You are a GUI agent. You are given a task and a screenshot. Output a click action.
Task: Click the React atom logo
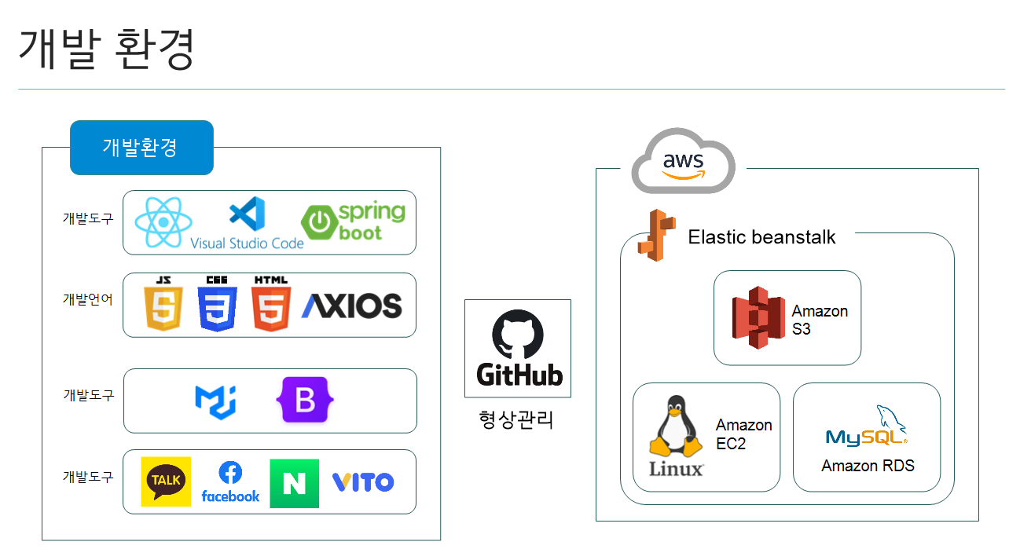pos(163,222)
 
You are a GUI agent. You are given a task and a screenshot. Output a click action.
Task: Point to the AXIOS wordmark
pos(351,306)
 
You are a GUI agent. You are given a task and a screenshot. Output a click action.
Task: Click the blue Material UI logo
pos(215,401)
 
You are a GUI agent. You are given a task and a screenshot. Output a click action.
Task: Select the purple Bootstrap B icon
pos(305,401)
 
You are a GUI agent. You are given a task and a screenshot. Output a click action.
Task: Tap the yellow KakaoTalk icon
pos(166,481)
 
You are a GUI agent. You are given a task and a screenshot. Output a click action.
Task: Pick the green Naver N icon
pos(294,483)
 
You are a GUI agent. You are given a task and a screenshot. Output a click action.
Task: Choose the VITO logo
pos(362,481)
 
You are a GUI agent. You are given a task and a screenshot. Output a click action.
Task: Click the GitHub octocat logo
pos(518,335)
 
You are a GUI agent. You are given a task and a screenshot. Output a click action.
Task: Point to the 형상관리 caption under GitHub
pos(516,419)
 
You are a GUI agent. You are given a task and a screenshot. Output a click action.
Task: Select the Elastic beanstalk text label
pos(761,236)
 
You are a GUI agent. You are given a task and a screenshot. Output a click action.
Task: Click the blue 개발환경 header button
pos(141,147)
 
